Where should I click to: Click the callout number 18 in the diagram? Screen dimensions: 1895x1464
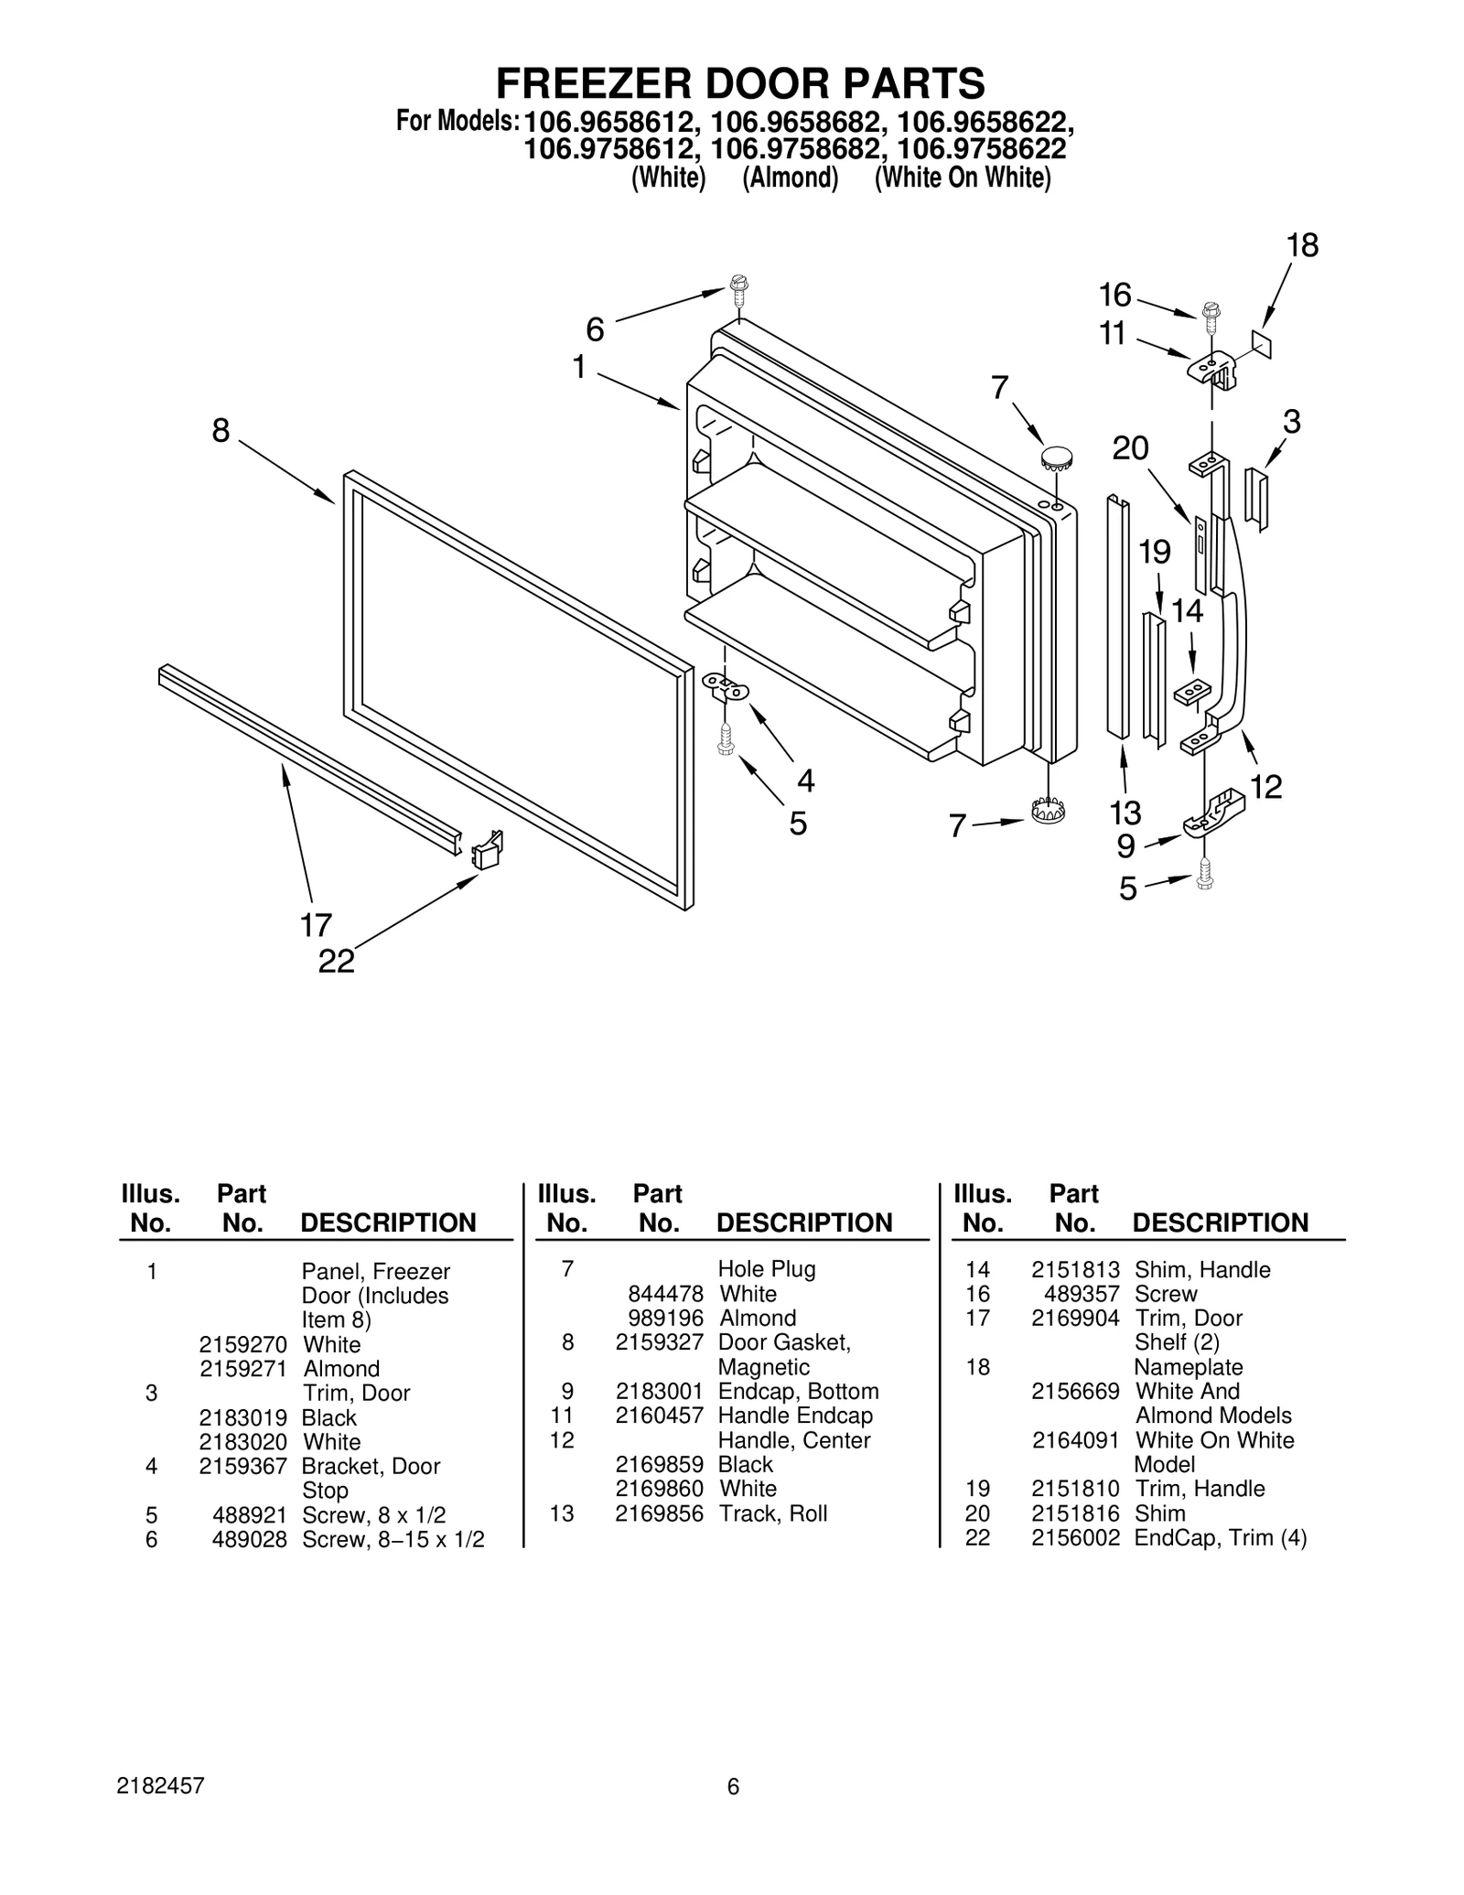pyautogui.click(x=1302, y=245)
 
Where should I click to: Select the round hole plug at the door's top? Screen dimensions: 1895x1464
pyautogui.click(x=1057, y=457)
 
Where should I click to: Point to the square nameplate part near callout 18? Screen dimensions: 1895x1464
pyautogui.click(x=1263, y=343)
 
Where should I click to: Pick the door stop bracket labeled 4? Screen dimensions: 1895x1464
pyautogui.click(x=726, y=686)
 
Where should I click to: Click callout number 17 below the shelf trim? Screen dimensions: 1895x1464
pyautogui.click(x=316, y=925)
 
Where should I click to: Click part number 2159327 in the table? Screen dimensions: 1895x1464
pyautogui.click(x=659, y=1342)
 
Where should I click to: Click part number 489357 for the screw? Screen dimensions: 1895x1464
pyautogui.click(x=1082, y=1294)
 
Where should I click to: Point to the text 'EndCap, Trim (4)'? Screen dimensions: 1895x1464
pyautogui.click(x=1220, y=1538)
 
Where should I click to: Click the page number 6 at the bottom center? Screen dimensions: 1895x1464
pyautogui.click(x=732, y=1786)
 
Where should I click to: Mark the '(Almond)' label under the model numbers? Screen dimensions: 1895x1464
pyautogui.click(x=790, y=178)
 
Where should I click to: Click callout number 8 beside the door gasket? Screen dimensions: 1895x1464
pyautogui.click(x=221, y=430)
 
